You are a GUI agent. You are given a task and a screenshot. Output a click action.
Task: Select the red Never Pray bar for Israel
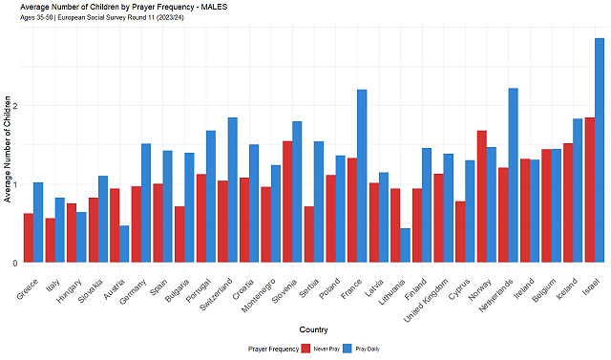click(x=589, y=190)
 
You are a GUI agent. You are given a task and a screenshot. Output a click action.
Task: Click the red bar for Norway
click(x=481, y=196)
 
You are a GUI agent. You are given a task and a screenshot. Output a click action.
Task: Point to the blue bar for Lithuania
click(x=405, y=245)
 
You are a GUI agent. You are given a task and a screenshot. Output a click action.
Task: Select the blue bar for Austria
click(x=124, y=244)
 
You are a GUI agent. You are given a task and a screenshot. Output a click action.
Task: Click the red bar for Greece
click(x=29, y=238)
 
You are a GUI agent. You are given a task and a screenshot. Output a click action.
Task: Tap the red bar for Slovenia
click(x=286, y=201)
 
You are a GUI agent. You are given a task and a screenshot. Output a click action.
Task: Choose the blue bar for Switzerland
click(x=232, y=190)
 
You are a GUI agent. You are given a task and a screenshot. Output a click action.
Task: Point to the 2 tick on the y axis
click(x=15, y=106)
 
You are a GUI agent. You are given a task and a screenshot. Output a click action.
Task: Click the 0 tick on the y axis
click(x=15, y=263)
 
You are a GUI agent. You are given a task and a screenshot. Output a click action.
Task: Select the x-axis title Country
click(x=313, y=329)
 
